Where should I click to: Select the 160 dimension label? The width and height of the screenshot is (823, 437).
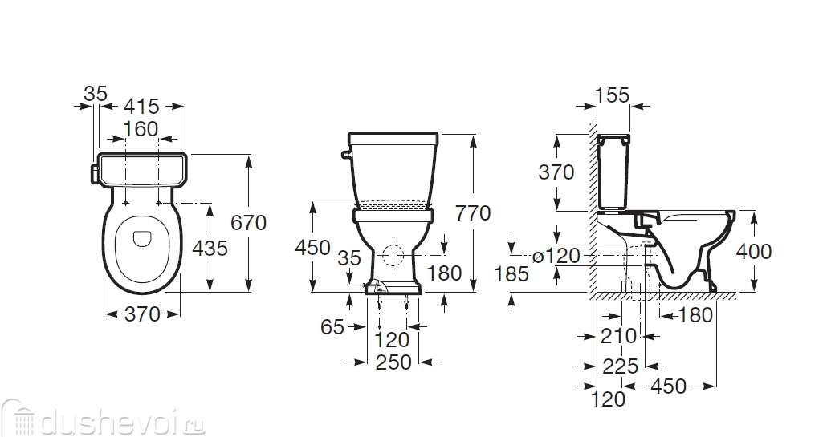141,129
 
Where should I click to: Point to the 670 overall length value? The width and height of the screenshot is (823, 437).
248,222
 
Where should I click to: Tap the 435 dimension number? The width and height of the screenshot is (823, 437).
210,249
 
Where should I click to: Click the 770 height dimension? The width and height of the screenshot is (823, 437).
472,213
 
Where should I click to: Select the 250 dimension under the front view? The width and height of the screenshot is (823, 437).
393,362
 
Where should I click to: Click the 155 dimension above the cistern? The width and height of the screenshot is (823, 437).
612,95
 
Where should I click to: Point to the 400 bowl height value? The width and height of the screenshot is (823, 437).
754,251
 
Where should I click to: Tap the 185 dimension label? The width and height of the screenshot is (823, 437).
511,275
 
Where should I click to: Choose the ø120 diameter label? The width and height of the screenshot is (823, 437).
556,256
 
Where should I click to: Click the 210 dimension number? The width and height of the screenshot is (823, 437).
619,336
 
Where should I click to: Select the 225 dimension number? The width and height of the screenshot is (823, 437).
621,366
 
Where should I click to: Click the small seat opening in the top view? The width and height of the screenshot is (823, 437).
141,237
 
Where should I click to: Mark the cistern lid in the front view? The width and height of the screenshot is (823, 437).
393,139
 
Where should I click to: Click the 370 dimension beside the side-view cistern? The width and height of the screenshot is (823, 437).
556,172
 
